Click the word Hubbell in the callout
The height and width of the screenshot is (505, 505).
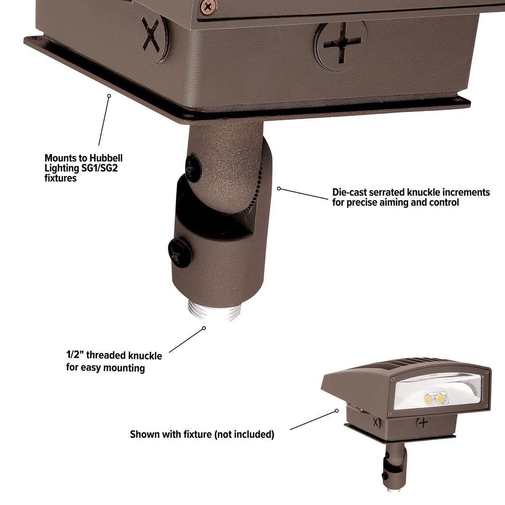pyautogui.click(x=105, y=159)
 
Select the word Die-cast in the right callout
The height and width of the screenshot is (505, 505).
pyautogui.click(x=348, y=193)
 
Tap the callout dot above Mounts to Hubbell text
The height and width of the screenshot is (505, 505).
pyautogui.click(x=109, y=96)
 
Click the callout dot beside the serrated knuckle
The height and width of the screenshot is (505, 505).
pyautogui.click(x=279, y=189)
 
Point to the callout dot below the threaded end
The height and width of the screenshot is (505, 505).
pyautogui.click(x=204, y=328)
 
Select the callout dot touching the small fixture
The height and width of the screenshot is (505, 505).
pyautogui.click(x=337, y=410)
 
